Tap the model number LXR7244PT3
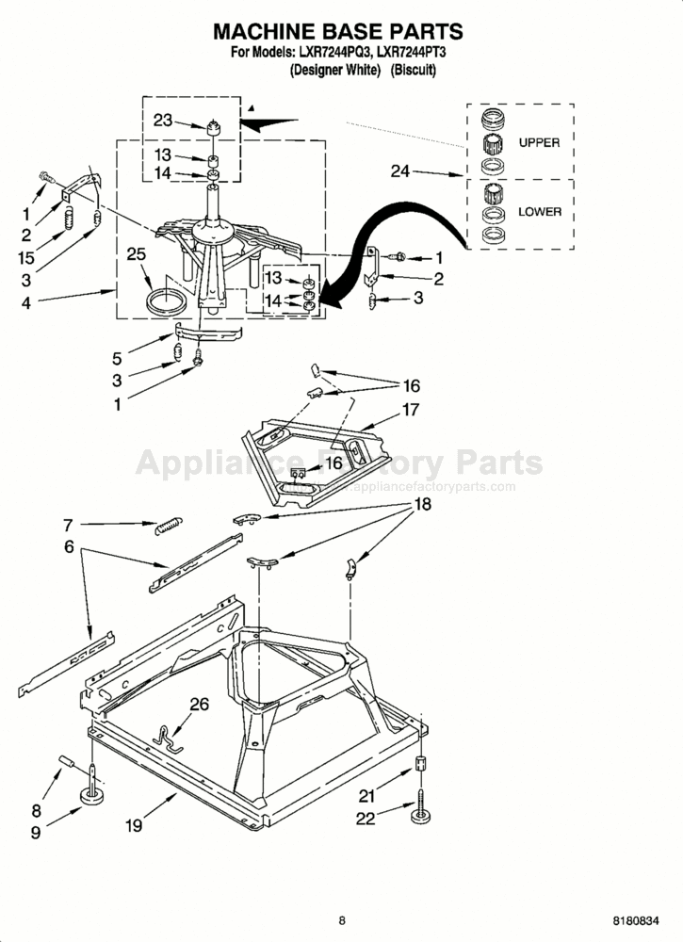pos(412,52)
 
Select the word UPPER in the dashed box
pos(539,143)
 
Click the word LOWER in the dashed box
pos(540,212)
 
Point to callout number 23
pos(163,121)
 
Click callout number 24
pos(400,171)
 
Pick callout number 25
pos(137,254)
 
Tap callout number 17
pos(411,410)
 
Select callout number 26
pos(200,704)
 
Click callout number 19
pos(134,825)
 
